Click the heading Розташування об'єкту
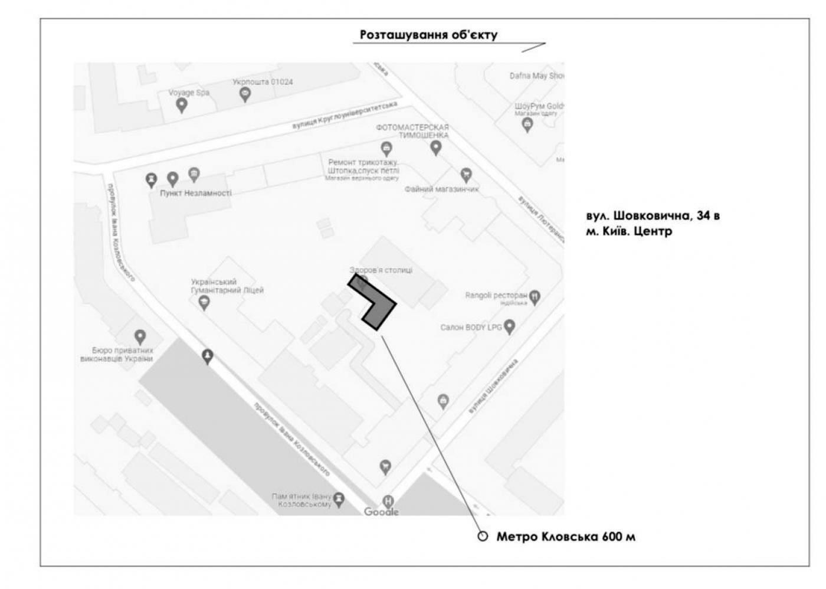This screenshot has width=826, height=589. (428, 35)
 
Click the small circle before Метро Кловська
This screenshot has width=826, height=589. (483, 536)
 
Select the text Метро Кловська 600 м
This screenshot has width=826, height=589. (566, 536)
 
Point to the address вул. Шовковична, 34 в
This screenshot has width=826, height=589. (653, 215)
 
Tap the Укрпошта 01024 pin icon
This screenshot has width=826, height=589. (244, 94)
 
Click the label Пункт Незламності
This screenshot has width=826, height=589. (196, 193)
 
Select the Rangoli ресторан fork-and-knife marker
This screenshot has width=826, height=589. (535, 297)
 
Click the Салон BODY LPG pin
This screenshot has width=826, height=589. (510, 326)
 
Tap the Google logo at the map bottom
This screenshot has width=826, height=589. (381, 511)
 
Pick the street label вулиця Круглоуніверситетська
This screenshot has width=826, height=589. (345, 116)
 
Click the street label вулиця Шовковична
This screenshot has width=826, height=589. (493, 385)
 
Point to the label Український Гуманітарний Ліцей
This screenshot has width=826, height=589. (227, 286)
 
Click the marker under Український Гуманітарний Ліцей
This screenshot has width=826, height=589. (204, 303)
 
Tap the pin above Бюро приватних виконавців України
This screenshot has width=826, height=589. (140, 337)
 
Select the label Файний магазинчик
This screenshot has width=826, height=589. (441, 189)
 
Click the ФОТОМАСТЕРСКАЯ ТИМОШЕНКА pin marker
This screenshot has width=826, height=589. (435, 148)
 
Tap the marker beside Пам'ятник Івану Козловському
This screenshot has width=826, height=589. (339, 500)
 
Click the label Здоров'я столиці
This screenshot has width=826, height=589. (381, 270)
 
